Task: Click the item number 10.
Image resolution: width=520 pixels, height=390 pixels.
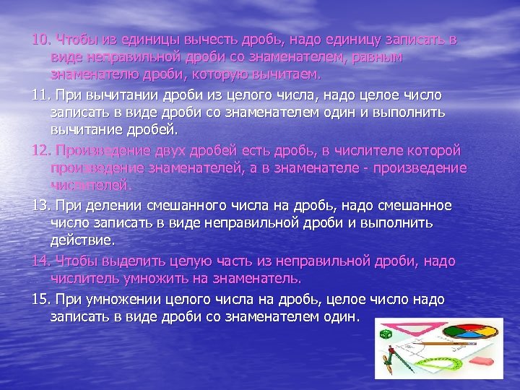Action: (x=41, y=38)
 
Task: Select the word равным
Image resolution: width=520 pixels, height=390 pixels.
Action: (x=381, y=56)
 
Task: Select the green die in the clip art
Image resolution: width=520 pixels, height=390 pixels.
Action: (x=386, y=334)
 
